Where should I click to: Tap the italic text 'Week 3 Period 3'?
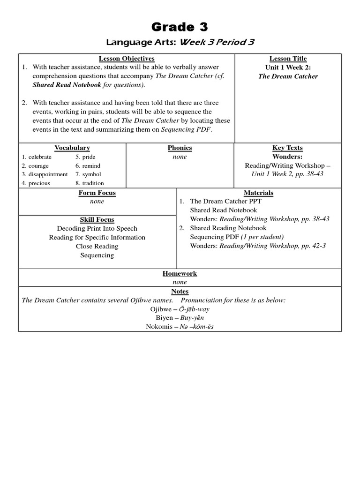pos(217,42)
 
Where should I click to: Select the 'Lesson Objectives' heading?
pos(127,59)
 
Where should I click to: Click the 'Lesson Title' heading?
pos(288,59)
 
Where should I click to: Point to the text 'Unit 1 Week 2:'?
pos(288,67)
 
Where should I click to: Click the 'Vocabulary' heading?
pos(72,148)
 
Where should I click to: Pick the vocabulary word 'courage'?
pos(38,166)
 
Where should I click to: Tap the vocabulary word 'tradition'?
pos(93,183)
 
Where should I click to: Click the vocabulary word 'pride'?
pos(89,157)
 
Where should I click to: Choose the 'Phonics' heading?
pos(180,148)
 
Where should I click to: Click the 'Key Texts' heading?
pos(288,148)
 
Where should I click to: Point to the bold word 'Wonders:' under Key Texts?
pos(288,157)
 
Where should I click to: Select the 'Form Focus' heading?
pos(97,193)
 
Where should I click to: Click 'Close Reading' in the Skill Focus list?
pos(97,247)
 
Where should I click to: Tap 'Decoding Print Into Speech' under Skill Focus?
pos(97,229)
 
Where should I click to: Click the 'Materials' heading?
pos(258,193)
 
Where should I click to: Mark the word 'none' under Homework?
pos(180,282)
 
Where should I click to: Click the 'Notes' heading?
pos(180,292)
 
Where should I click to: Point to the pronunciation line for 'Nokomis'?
pos(180,327)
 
